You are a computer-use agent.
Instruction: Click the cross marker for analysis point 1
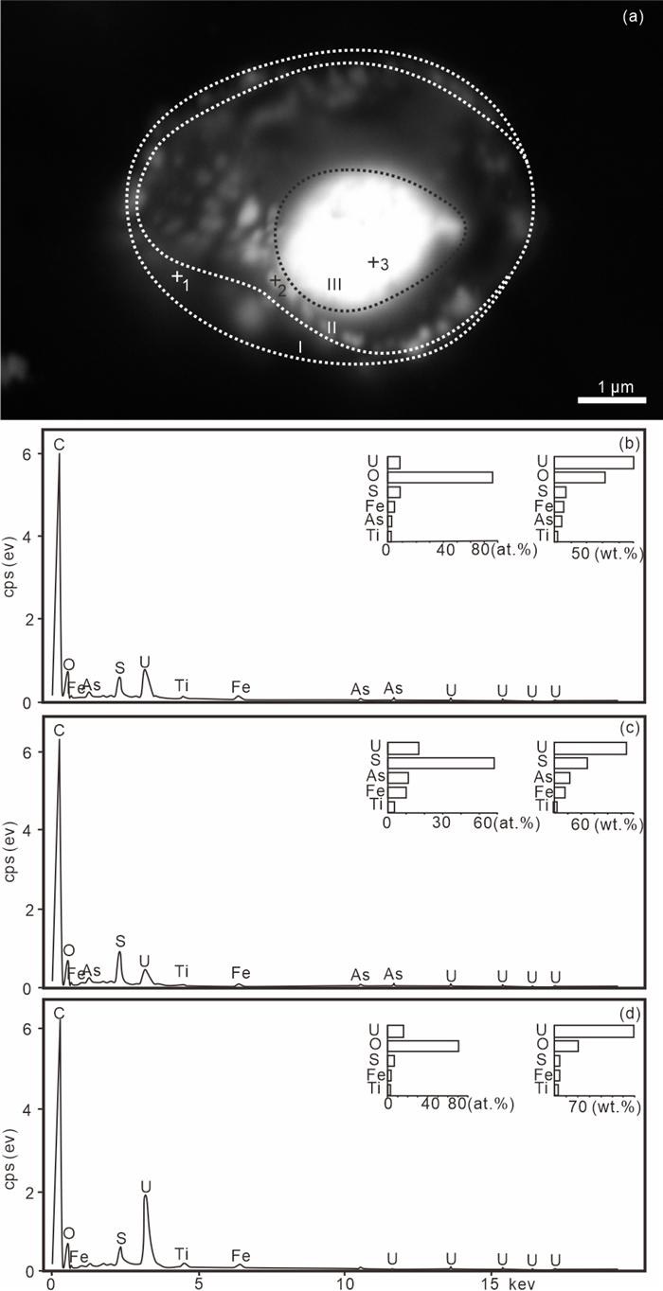click(177, 276)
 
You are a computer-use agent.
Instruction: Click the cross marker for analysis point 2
click(276, 280)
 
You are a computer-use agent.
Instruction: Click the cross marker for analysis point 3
click(373, 263)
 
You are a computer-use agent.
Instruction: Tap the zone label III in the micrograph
click(334, 284)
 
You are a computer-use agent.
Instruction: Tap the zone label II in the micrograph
click(331, 327)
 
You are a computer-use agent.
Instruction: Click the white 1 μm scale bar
click(612, 399)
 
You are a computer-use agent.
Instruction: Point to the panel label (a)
click(633, 17)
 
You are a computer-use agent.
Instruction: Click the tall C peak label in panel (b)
click(59, 444)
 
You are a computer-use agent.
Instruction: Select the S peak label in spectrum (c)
click(120, 941)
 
